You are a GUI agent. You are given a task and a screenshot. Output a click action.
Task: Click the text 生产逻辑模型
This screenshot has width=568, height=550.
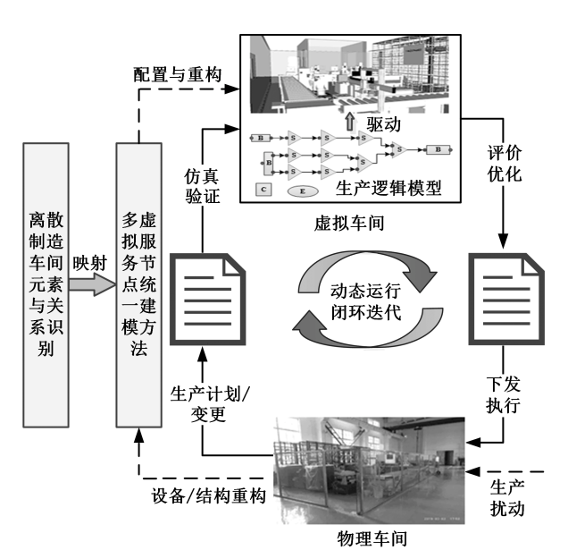pos(385,190)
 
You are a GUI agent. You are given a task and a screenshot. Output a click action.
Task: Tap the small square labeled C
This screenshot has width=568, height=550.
pos(263,190)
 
